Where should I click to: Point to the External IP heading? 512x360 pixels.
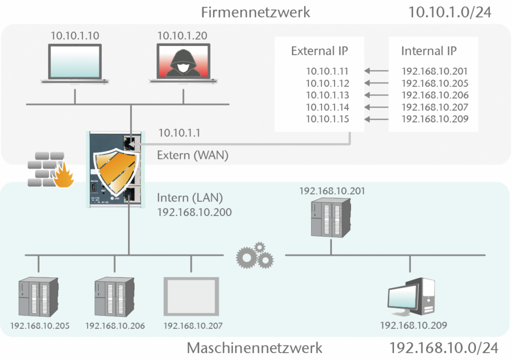coord(319,51)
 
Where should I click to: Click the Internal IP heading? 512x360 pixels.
coord(428,51)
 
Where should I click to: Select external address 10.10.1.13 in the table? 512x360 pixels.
coord(327,95)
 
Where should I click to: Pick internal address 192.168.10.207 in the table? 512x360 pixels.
coord(434,107)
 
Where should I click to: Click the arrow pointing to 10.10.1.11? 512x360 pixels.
coord(377,71)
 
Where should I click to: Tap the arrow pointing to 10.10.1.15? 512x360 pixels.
coord(377,119)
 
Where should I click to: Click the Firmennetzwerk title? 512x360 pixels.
coord(255,12)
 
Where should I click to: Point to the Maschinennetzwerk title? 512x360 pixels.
coord(254,347)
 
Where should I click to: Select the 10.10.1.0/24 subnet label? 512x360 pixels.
coord(450,12)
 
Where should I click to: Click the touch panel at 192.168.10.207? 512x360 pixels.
coord(191,295)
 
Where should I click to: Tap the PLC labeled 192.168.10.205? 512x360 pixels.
coord(38,296)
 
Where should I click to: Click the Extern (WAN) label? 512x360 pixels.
coord(192,155)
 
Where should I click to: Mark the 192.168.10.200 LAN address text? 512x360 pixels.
coord(194,212)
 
